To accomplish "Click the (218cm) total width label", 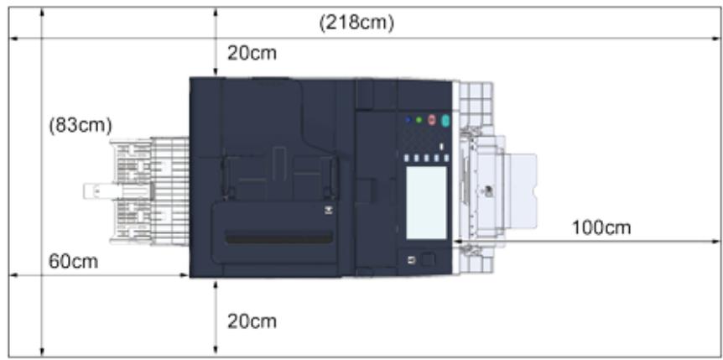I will click(x=356, y=23).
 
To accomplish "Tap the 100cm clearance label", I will click(x=601, y=227).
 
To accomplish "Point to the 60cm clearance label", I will click(x=73, y=262).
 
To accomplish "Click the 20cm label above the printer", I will click(x=252, y=54).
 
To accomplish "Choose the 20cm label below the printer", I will click(x=252, y=321).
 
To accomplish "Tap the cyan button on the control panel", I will click(x=445, y=122).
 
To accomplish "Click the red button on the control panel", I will click(x=433, y=121).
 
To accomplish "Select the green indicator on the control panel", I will click(x=419, y=121).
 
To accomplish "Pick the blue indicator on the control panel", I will click(x=408, y=121).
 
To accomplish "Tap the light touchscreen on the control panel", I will click(x=425, y=201).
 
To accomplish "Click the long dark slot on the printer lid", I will click(x=278, y=239).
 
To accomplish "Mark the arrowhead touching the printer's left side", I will click(x=185, y=274).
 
